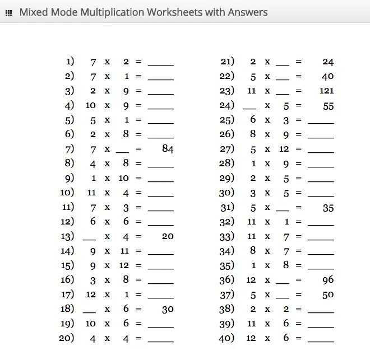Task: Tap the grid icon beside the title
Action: pyautogui.click(x=8, y=12)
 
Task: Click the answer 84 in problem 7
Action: pyautogui.click(x=167, y=149)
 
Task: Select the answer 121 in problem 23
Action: pyautogui.click(x=326, y=91)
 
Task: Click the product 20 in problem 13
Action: pyautogui.click(x=167, y=236)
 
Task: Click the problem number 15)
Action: pyautogui.click(x=67, y=265)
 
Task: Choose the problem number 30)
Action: pyautogui.click(x=226, y=193)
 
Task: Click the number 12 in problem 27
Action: pyautogui.click(x=283, y=149)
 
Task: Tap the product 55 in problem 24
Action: pyautogui.click(x=328, y=105)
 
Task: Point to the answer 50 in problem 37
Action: pyautogui.click(x=328, y=294)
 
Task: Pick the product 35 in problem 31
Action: pyautogui.click(x=328, y=207)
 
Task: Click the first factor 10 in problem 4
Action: pyautogui.click(x=91, y=105)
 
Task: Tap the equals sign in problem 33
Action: pyautogui.click(x=299, y=236)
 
